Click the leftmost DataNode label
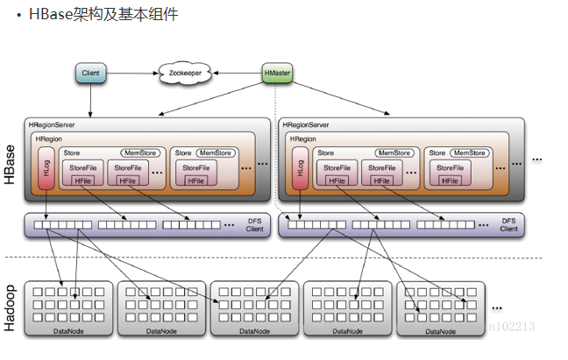(x=68, y=331)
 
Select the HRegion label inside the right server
(x=303, y=139)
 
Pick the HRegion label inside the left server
(x=50, y=139)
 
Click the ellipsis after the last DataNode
(x=497, y=307)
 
